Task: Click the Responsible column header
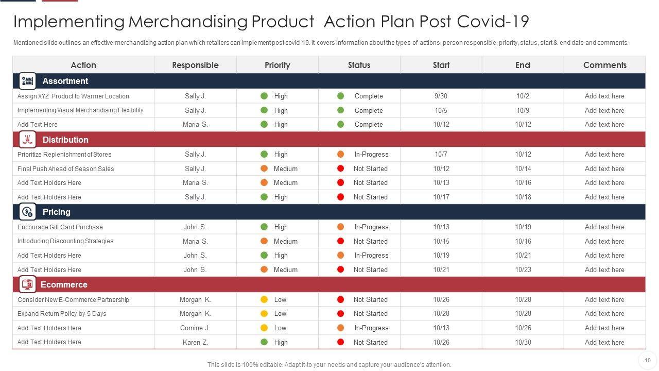pyautogui.click(x=195, y=65)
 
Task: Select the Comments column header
pyautogui.click(x=604, y=65)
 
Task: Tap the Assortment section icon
pyautogui.click(x=27, y=81)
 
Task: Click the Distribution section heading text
pyautogui.click(x=65, y=140)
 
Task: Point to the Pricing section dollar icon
pyautogui.click(x=27, y=212)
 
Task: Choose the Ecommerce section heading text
pyautogui.click(x=64, y=284)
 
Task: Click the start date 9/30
pyautogui.click(x=441, y=96)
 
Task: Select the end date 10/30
pyautogui.click(x=523, y=342)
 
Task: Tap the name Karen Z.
pyautogui.click(x=195, y=342)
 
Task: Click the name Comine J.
pyautogui.click(x=195, y=328)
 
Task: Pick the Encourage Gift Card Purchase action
pyautogui.click(x=60, y=227)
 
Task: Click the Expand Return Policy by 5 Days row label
pyautogui.click(x=62, y=313)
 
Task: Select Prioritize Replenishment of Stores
pyautogui.click(x=64, y=154)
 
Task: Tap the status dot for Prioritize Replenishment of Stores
pyautogui.click(x=340, y=154)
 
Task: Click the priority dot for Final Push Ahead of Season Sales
pyautogui.click(x=264, y=168)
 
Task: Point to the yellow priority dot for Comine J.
pyautogui.click(x=264, y=328)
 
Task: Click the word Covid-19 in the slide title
pyautogui.click(x=493, y=22)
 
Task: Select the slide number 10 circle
pyautogui.click(x=647, y=360)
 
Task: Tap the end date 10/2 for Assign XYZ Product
pyautogui.click(x=523, y=96)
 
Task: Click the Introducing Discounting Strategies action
pyautogui.click(x=65, y=241)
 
